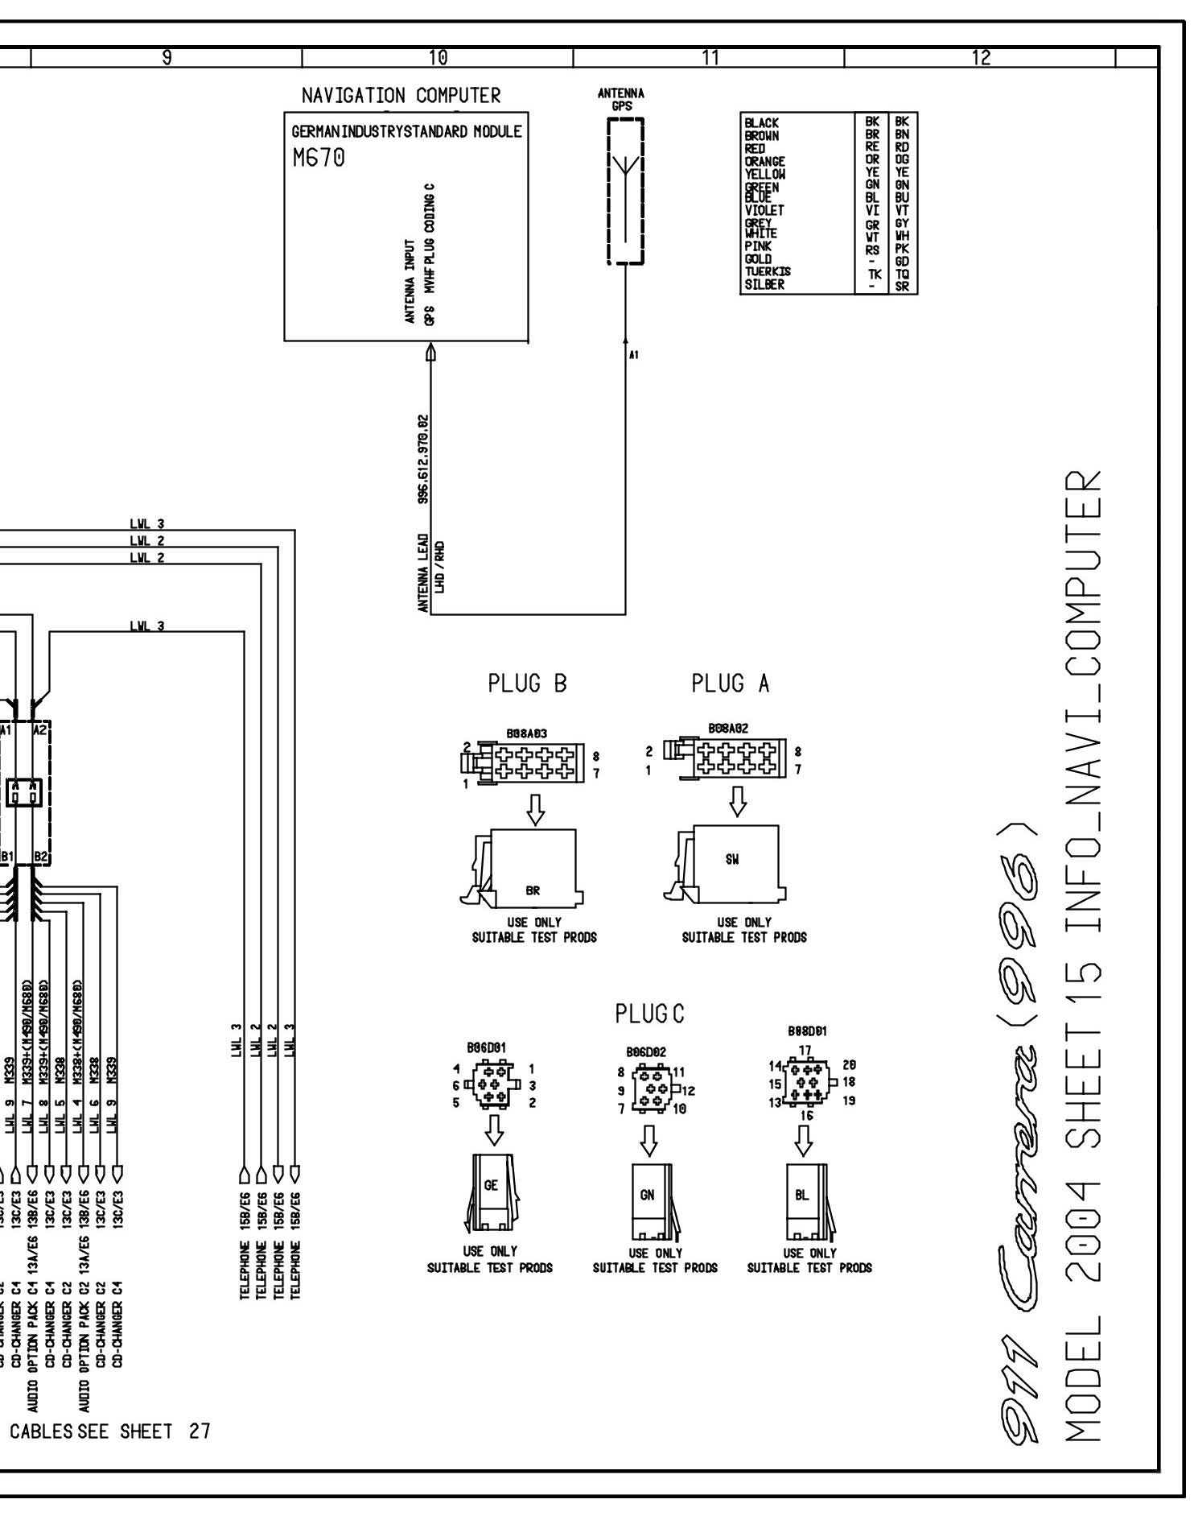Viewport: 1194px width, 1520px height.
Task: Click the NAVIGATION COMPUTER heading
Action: pos(402,97)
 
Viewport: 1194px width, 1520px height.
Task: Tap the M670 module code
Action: pos(320,159)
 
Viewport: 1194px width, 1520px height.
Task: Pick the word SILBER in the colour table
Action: pos(765,284)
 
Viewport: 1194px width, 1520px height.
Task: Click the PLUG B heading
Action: pos(530,684)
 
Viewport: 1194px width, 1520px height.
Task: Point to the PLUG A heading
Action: pos(734,684)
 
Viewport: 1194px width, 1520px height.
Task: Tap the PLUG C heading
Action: pos(653,1015)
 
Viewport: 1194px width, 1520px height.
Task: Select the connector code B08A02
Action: pos(731,729)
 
